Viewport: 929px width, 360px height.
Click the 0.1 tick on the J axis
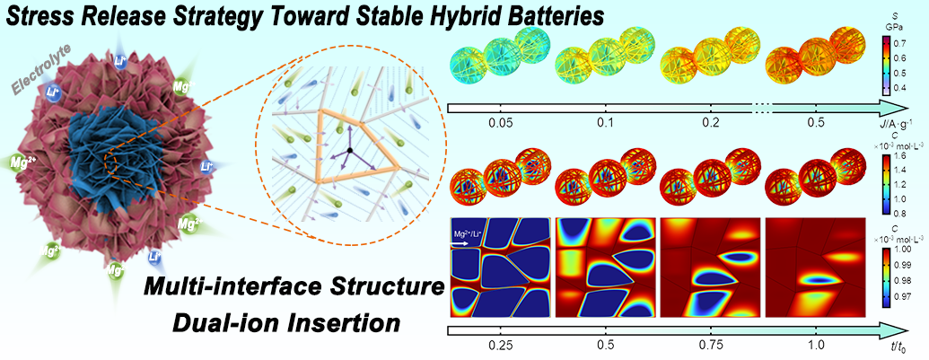[602, 121]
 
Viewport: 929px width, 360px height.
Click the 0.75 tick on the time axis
[709, 344]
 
